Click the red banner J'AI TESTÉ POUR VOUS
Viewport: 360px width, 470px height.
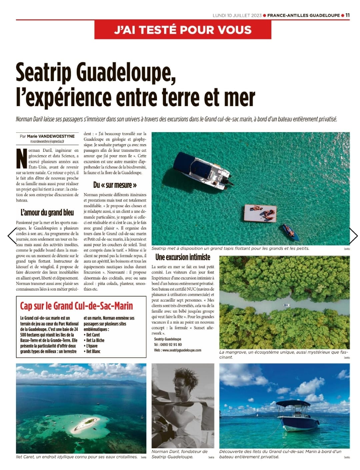click(x=183, y=30)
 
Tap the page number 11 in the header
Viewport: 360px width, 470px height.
click(x=347, y=15)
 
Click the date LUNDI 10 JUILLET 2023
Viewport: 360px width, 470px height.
click(x=237, y=15)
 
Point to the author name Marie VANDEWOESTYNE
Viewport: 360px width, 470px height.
click(x=51, y=136)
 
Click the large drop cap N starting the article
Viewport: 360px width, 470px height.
click(x=21, y=158)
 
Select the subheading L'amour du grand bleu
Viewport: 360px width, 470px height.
click(x=47, y=212)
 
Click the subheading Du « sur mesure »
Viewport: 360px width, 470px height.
click(x=115, y=184)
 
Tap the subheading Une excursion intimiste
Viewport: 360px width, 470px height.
click(x=183, y=257)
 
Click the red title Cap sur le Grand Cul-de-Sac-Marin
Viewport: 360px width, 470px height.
click(x=76, y=306)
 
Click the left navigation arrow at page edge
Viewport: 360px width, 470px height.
click(x=12, y=236)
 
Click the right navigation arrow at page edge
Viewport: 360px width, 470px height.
click(x=353, y=236)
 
